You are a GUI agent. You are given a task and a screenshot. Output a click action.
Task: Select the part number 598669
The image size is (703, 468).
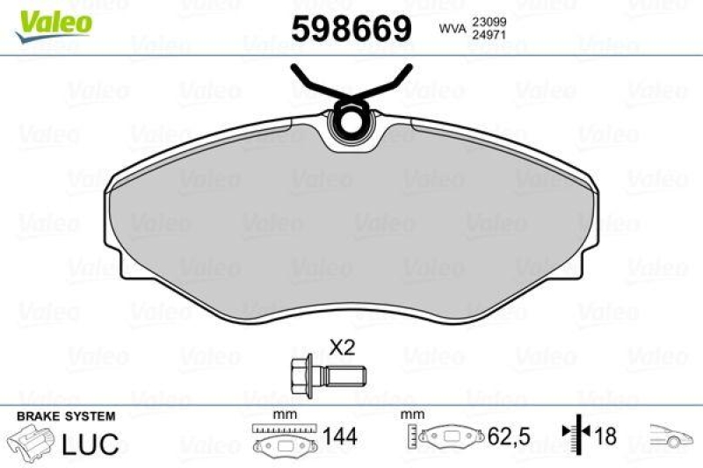coord(351,30)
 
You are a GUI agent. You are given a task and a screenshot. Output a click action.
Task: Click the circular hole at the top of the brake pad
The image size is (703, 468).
coord(353,123)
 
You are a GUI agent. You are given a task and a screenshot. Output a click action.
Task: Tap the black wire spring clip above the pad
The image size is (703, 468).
coord(352,83)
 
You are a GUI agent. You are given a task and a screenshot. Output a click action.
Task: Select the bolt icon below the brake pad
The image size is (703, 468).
coord(324,375)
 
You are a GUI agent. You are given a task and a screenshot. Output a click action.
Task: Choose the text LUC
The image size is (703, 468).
coord(91,444)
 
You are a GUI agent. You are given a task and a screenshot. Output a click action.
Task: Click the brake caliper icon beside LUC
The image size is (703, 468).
coord(32,443)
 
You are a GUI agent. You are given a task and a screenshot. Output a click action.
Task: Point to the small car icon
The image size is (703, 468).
coord(670,434)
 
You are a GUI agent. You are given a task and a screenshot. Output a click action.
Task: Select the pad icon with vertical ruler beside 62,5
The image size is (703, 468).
coord(445,436)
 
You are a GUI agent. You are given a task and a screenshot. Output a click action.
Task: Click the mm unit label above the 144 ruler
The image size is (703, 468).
coord(283,414)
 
